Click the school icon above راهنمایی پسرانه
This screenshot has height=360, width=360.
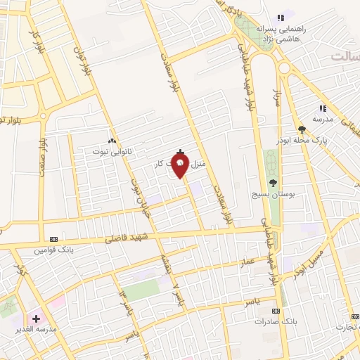point(281,18)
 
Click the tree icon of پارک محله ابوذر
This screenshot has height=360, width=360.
point(302,129)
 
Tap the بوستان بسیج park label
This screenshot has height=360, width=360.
point(274,193)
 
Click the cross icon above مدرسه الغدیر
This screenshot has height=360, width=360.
point(36,319)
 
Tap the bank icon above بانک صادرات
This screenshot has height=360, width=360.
point(276,310)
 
